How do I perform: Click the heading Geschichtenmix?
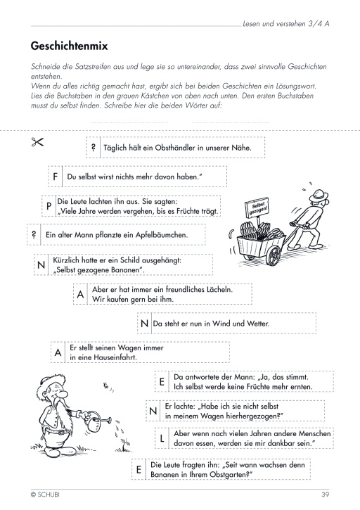[69, 46]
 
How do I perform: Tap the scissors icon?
[37, 142]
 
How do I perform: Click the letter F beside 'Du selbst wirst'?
[56, 177]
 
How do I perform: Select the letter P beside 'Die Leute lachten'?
[49, 206]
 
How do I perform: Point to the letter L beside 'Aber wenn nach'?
[162, 438]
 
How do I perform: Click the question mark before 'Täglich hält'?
[94, 147]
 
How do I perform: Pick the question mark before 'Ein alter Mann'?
[34, 234]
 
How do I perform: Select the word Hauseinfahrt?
[115, 357]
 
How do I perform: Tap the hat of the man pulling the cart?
[319, 196]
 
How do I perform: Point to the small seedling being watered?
[125, 445]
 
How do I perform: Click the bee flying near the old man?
[106, 386]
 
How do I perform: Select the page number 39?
[326, 495]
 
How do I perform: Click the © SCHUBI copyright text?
[45, 495]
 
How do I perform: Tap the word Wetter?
[258, 324]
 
